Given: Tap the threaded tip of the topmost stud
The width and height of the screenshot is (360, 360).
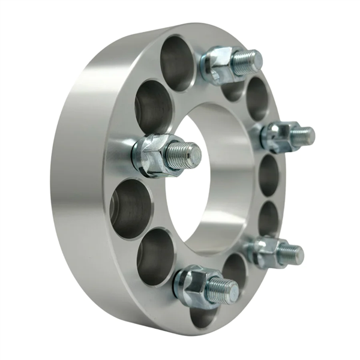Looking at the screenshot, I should pos(247,62).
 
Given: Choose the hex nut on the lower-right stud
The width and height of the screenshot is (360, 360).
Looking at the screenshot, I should pos(265,251).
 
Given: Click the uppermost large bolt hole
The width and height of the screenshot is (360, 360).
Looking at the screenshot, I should pos(177,63).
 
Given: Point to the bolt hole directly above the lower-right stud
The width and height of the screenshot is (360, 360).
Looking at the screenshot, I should pos(268,218).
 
